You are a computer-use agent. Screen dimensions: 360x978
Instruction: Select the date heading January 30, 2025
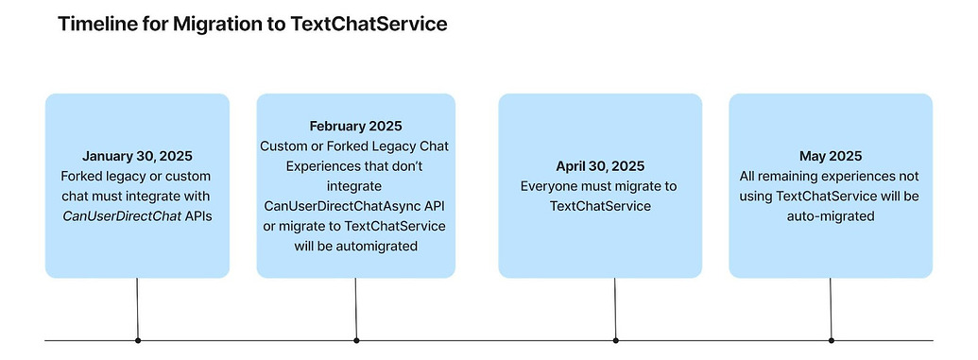click(x=137, y=156)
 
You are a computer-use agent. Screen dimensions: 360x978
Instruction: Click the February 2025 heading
click(x=355, y=126)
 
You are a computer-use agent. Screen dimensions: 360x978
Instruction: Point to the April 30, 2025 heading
click(x=600, y=165)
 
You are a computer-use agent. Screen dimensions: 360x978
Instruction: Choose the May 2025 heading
click(x=830, y=156)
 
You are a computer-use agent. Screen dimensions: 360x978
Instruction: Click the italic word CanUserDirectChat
click(x=120, y=215)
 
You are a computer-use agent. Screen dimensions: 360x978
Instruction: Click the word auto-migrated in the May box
click(x=830, y=215)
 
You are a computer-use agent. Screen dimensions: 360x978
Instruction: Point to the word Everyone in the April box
click(x=550, y=186)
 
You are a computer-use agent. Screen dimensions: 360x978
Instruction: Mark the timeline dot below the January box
click(x=138, y=339)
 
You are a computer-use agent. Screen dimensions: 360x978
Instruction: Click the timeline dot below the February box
click(x=356, y=339)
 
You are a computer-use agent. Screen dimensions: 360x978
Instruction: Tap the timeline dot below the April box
click(x=616, y=339)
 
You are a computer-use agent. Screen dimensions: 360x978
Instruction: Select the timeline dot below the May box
click(x=832, y=339)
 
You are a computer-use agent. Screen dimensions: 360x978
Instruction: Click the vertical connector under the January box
click(x=138, y=307)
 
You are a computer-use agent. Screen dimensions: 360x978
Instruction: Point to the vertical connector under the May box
click(x=832, y=307)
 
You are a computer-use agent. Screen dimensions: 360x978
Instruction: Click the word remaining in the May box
click(x=795, y=176)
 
